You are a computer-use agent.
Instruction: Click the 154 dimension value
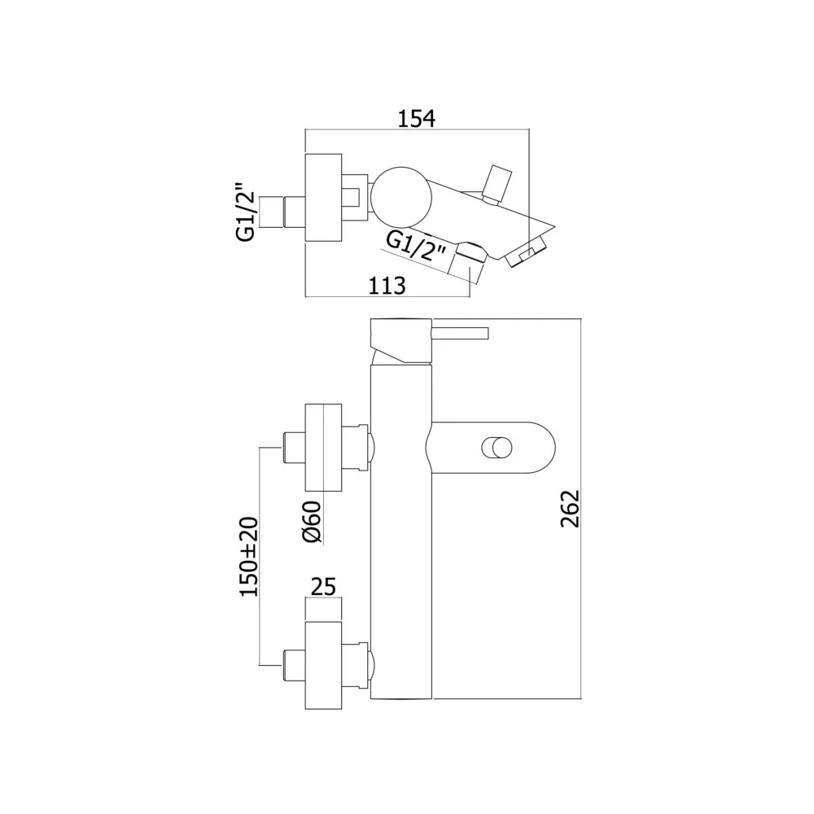click(416, 118)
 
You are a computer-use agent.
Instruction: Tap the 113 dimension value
click(387, 286)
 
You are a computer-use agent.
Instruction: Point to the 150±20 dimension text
click(248, 557)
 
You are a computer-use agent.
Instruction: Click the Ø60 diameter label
click(312, 523)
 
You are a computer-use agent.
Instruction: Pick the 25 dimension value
click(323, 587)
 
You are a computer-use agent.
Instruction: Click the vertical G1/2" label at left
click(246, 212)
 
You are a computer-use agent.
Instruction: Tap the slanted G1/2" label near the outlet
click(416, 248)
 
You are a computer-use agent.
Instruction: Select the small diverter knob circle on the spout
click(497, 448)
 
